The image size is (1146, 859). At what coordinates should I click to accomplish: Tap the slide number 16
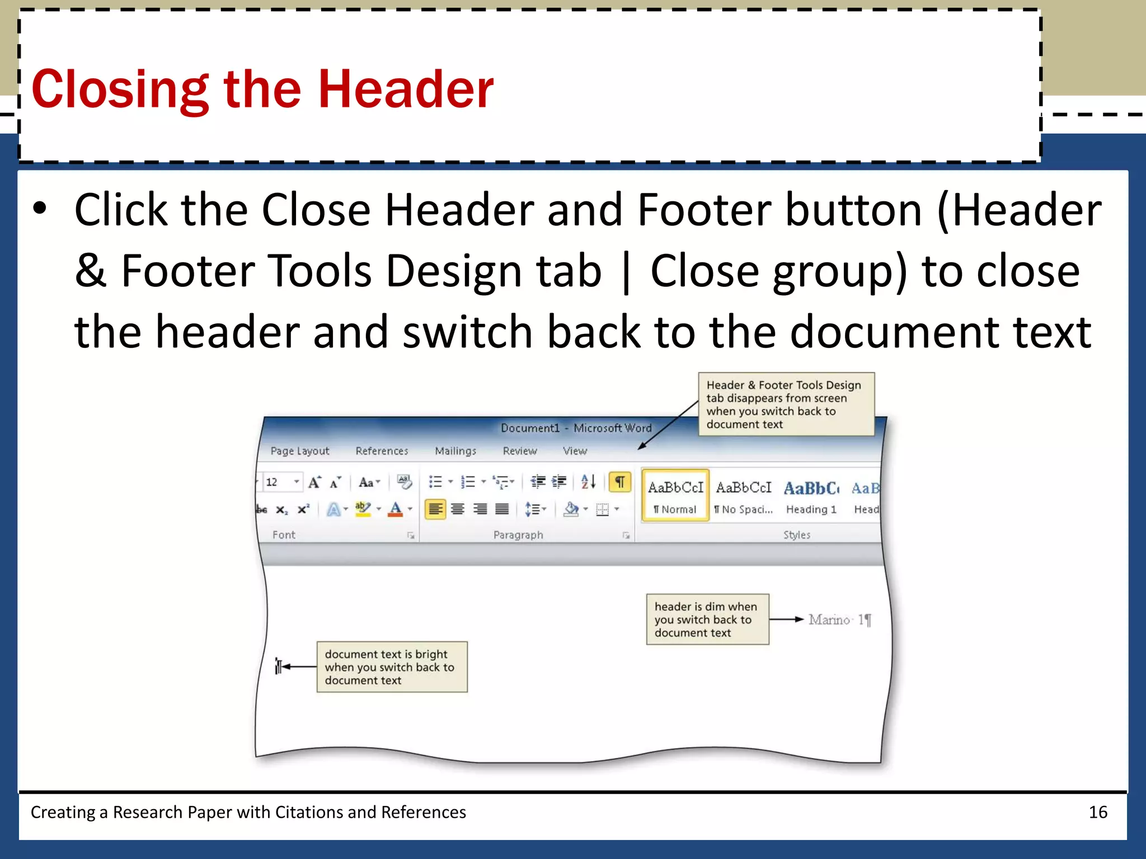[1098, 812]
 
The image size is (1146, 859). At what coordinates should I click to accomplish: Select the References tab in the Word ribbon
[382, 451]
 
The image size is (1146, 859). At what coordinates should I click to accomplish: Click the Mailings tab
[455, 451]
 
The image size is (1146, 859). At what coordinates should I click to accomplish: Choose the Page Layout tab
[300, 451]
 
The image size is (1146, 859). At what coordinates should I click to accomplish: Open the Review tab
[520, 451]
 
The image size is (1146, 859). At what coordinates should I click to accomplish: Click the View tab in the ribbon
[575, 451]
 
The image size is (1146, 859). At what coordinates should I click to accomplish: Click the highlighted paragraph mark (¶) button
[620, 482]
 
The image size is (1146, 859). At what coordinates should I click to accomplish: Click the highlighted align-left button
[435, 509]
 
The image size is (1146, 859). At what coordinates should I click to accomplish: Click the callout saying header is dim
[707, 620]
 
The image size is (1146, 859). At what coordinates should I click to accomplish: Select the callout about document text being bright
[392, 667]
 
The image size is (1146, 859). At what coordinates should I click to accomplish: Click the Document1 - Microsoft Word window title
[576, 428]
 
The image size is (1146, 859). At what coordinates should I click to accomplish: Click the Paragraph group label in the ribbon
[518, 535]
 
